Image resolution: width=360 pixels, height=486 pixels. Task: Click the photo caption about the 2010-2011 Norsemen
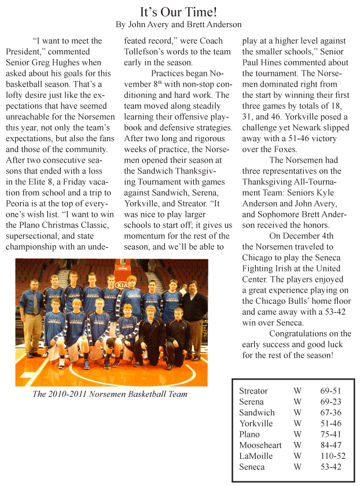[x=110, y=395]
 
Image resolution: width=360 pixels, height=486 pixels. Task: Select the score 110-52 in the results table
[x=330, y=456]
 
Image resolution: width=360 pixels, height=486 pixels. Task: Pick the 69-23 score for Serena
[x=330, y=402]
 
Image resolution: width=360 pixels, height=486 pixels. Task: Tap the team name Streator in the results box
[x=254, y=391]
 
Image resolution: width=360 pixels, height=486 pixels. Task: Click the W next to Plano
[x=297, y=435]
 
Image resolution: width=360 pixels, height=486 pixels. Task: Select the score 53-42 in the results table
[x=330, y=467]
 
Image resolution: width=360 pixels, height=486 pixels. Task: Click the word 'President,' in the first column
[x=26, y=51]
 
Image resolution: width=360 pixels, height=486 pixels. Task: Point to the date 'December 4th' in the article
[x=309, y=236]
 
